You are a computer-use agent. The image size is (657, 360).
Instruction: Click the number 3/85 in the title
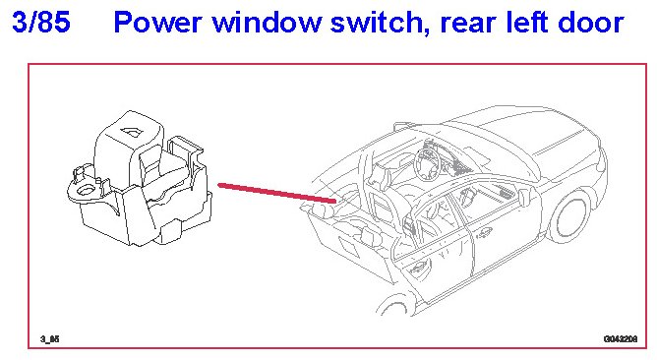coord(41,22)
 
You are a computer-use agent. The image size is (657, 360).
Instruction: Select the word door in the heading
coord(589,23)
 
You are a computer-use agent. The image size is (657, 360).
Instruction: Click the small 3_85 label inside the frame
coord(50,338)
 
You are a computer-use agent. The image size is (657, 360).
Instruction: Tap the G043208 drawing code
coord(621,338)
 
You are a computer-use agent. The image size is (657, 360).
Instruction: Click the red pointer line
coord(277,193)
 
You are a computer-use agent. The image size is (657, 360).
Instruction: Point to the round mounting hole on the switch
coord(86,190)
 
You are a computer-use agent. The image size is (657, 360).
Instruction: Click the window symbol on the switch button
coord(132,132)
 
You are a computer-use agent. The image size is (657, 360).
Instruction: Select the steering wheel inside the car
coord(428,162)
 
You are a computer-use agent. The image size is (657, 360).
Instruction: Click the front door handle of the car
coord(484,232)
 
